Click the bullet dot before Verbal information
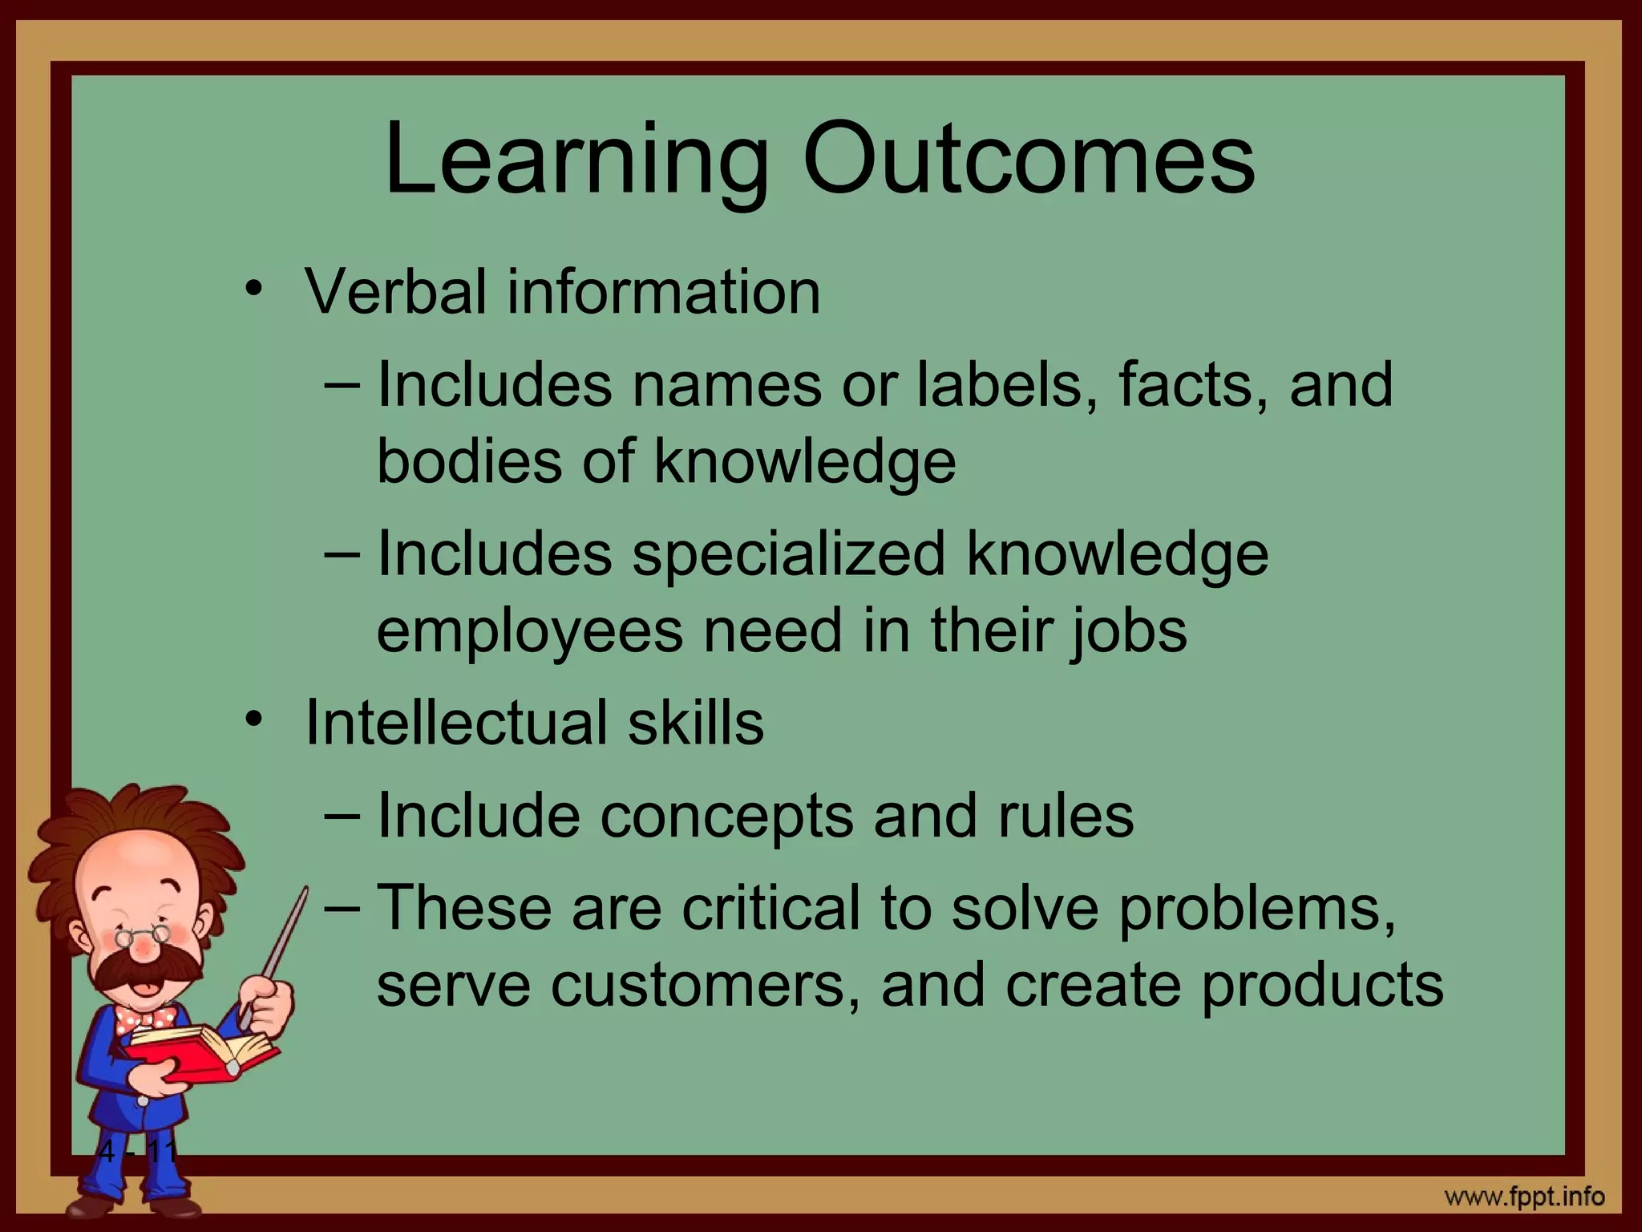coord(254,288)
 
